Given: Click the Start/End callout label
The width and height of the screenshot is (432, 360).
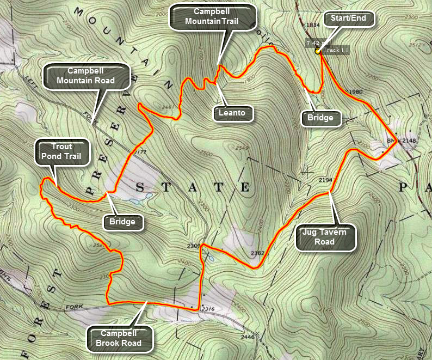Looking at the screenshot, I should (x=352, y=19).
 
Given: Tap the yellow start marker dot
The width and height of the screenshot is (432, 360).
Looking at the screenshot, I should (x=317, y=52).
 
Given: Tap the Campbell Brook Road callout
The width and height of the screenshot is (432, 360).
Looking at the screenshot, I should (x=119, y=338).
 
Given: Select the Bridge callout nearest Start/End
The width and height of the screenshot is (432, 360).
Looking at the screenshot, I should (x=322, y=117).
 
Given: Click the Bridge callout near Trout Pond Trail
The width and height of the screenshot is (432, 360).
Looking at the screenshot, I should (x=122, y=222).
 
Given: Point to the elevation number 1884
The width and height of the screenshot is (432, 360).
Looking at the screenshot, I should (x=313, y=25).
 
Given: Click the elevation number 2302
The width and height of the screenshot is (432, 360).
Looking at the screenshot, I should (x=257, y=253).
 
